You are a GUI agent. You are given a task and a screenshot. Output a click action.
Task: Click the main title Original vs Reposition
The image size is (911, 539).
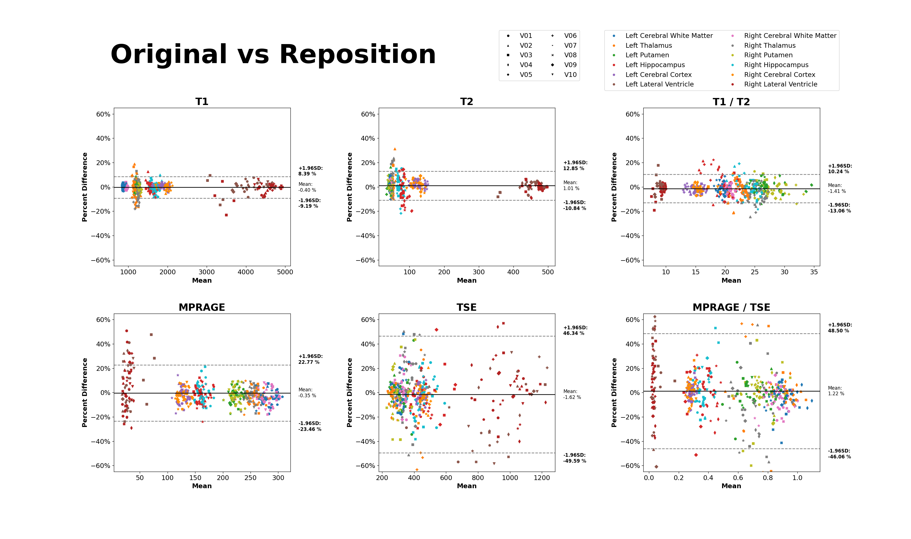point(273,54)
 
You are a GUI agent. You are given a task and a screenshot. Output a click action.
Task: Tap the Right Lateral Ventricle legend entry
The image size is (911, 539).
point(780,84)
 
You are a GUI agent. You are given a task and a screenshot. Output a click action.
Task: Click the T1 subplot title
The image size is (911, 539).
point(202,102)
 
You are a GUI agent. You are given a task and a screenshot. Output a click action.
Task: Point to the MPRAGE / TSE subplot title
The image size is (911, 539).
point(731,307)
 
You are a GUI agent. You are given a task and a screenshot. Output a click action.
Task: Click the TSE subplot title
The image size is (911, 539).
point(466,307)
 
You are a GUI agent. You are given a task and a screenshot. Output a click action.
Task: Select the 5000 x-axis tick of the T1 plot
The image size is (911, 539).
point(285,272)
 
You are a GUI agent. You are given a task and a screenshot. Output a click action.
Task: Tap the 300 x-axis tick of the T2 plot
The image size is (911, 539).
point(479,272)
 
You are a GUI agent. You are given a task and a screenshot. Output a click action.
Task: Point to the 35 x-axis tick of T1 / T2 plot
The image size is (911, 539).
point(814,272)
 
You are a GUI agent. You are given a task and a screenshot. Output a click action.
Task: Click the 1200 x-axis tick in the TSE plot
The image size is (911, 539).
point(542,478)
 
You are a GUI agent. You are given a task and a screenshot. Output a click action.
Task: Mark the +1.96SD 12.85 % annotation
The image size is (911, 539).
point(575,166)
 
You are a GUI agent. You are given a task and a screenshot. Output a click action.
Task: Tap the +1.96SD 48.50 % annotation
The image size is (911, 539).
point(840,328)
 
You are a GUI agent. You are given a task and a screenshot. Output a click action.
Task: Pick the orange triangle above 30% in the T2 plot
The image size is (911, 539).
point(394,149)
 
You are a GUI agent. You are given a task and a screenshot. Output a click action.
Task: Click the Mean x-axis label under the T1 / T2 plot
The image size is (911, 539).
point(731,280)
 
